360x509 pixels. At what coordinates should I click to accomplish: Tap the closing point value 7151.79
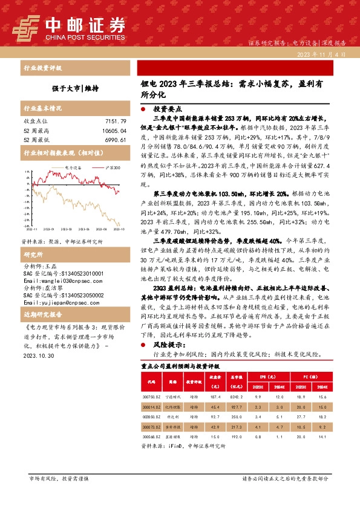114,122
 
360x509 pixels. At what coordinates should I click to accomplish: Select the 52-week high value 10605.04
112,131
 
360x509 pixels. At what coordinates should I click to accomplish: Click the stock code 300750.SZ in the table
151,395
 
